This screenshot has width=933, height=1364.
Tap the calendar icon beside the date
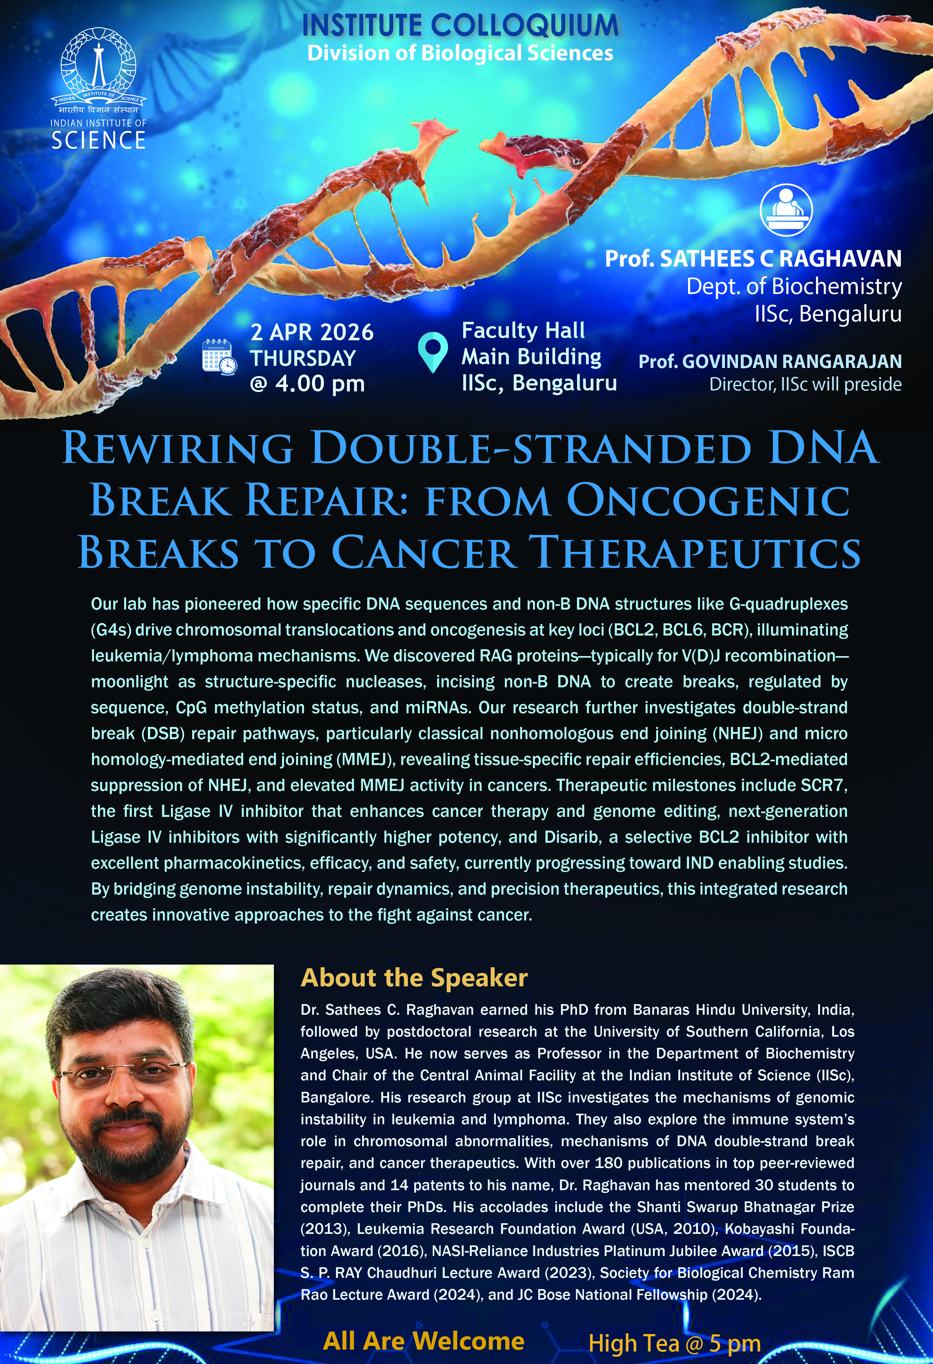point(219,356)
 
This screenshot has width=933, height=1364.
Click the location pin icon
point(432,352)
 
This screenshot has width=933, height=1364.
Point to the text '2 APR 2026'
point(312,332)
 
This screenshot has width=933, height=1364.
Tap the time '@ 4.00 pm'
point(307,384)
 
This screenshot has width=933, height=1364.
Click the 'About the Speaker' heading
point(414,978)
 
